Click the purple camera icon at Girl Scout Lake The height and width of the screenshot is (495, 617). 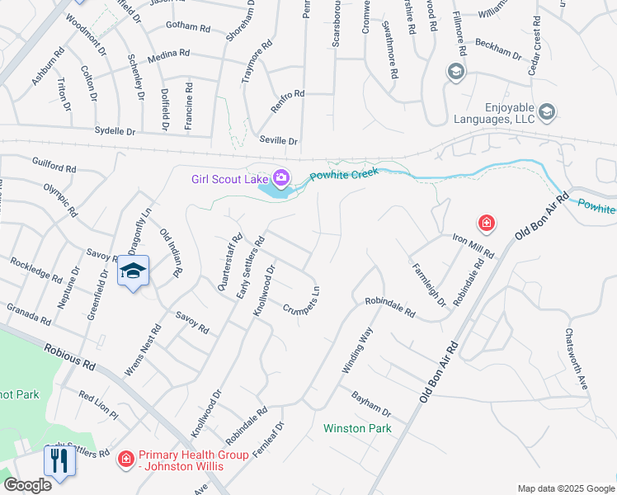pyautogui.click(x=281, y=177)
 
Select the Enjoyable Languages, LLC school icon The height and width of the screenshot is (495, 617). pyautogui.click(x=546, y=111)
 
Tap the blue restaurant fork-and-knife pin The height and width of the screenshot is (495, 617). pyautogui.click(x=59, y=460)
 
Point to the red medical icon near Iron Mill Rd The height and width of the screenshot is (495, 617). pyautogui.click(x=487, y=223)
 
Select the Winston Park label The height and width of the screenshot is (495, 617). pyautogui.click(x=357, y=428)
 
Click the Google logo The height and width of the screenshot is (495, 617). pyautogui.click(x=27, y=484)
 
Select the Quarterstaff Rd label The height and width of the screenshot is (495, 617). pyautogui.click(x=228, y=262)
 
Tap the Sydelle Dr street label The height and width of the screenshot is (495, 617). pyautogui.click(x=114, y=131)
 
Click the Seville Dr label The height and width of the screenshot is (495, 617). pyautogui.click(x=278, y=140)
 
